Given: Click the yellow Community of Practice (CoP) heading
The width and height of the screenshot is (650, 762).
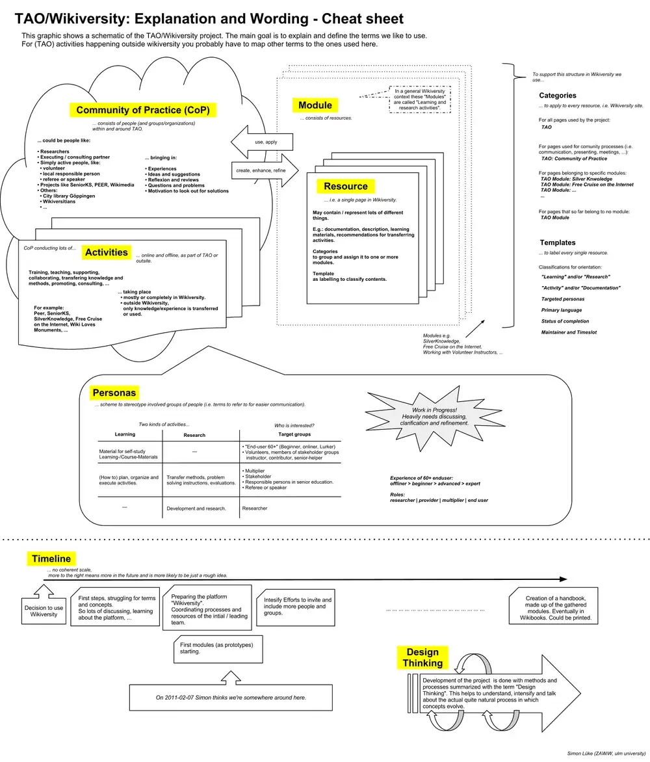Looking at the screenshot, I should tap(143, 110).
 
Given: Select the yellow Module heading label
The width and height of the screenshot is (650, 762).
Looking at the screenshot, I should tap(315, 105).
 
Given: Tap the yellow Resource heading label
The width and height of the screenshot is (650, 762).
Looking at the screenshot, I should tap(346, 187).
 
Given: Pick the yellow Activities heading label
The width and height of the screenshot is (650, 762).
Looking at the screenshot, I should tap(107, 252).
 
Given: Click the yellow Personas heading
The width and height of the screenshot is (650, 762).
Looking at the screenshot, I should tap(114, 393).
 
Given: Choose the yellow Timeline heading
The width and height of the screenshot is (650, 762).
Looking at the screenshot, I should tap(51, 558).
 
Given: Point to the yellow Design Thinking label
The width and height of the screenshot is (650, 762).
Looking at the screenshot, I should tap(422, 657).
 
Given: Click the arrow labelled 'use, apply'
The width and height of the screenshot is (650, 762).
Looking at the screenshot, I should tap(263, 142).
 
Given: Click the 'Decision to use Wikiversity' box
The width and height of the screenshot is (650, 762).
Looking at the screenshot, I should tap(44, 611).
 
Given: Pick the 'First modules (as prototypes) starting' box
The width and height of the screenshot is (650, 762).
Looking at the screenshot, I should tap(216, 648).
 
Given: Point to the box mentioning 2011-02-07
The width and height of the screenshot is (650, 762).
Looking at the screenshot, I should tap(231, 697).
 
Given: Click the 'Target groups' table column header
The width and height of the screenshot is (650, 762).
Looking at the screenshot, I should tap(294, 434).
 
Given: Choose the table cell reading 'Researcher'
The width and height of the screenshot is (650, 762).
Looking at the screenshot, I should tap(254, 508).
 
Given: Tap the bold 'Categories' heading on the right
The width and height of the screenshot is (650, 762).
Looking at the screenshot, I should tap(557, 96).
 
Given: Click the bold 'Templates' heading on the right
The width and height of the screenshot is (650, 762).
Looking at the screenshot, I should tap(557, 243).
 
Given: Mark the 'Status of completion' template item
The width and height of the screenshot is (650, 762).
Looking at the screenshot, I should tap(566, 321).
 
